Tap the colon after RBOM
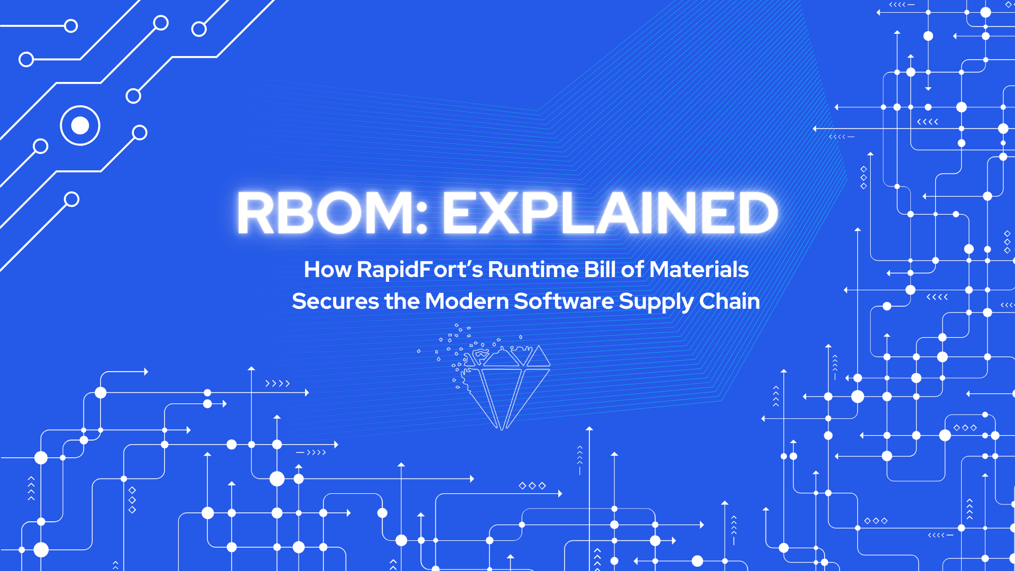[421, 213]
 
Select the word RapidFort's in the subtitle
[420, 270]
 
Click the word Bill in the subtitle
[600, 270]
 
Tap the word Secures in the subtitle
[335, 301]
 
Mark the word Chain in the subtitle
[730, 301]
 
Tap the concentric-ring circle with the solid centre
[80, 126]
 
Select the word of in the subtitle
[632, 270]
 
